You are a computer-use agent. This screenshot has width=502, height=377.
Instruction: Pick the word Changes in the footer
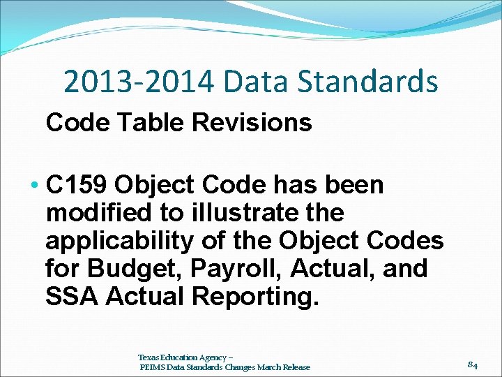click(x=236, y=367)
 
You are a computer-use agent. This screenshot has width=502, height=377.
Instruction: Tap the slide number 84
click(x=472, y=364)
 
